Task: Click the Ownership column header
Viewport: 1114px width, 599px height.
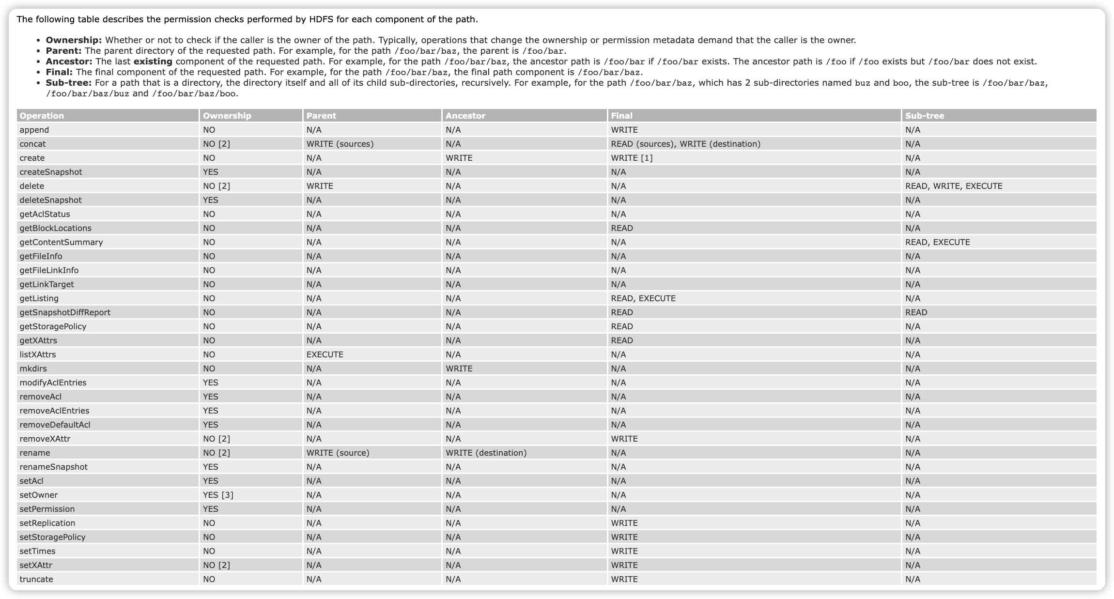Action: tap(227, 116)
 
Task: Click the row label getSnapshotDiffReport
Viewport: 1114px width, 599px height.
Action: tap(65, 312)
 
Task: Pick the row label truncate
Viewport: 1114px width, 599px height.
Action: tap(36, 579)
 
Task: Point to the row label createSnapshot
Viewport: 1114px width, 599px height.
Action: tap(51, 172)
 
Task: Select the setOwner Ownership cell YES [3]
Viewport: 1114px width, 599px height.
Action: tap(218, 495)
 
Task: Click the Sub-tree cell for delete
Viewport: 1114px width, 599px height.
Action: tap(953, 186)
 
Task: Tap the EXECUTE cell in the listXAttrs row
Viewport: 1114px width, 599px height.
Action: tap(325, 354)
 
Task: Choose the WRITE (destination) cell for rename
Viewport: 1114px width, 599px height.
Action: tap(486, 453)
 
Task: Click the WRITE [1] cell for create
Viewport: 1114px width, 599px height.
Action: tap(632, 158)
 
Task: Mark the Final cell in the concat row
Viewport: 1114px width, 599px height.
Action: tap(685, 144)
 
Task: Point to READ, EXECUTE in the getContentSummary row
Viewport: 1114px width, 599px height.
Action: tap(937, 242)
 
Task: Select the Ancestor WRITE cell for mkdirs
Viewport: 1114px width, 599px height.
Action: tap(459, 369)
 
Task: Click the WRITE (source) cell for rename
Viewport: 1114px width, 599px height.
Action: tap(338, 453)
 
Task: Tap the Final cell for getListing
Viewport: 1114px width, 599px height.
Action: tap(643, 298)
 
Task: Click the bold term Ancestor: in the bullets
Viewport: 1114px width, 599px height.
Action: tap(69, 61)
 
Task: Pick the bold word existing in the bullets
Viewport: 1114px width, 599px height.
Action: tap(153, 61)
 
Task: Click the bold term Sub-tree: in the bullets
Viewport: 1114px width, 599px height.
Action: tap(68, 83)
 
